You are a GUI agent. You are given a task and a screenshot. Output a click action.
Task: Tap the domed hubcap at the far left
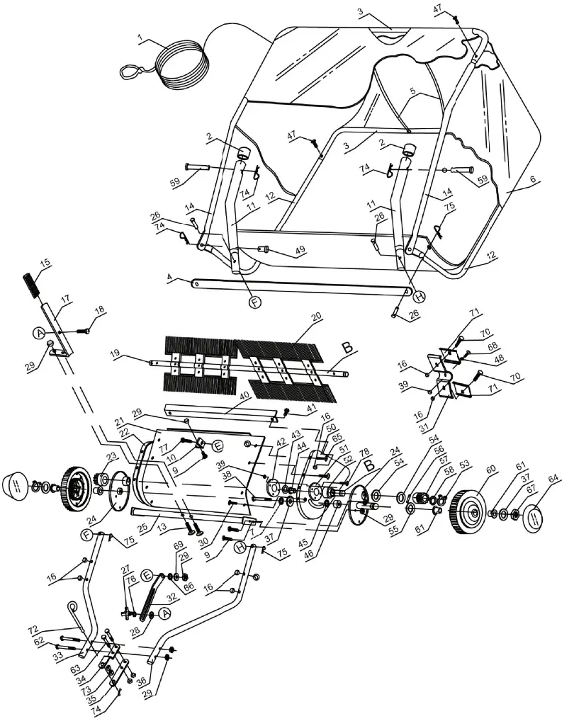pyautogui.click(x=18, y=488)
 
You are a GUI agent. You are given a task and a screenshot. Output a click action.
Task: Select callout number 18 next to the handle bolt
pyautogui.click(x=99, y=309)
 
